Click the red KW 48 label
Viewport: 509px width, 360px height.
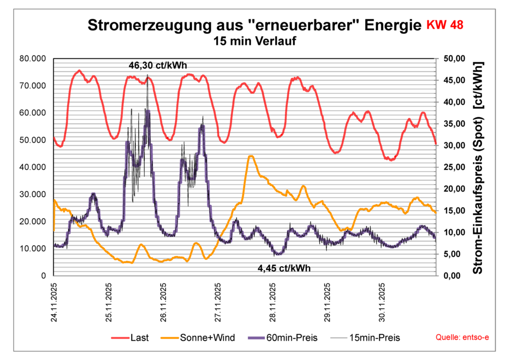[x=445, y=25]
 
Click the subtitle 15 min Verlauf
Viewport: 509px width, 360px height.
[x=254, y=41]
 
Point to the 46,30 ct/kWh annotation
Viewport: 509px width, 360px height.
[x=158, y=65]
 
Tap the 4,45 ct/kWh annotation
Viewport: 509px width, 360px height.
[x=284, y=268]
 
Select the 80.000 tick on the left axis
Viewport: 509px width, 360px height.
[x=32, y=59]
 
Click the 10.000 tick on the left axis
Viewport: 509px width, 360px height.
[x=32, y=249]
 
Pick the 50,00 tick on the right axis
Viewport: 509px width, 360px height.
[x=452, y=59]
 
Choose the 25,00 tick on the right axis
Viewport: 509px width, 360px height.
[x=452, y=167]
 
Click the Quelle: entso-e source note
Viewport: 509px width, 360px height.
[x=462, y=338]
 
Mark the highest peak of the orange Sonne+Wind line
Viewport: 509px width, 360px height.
[x=251, y=156]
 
